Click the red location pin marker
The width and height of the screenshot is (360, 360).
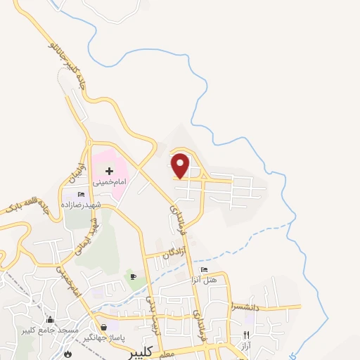[x=181, y=165]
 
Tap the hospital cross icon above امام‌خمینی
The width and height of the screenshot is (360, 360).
[x=110, y=171]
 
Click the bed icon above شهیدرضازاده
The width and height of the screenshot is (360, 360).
[x=82, y=194]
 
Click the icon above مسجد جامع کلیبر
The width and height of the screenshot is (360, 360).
[x=49, y=320]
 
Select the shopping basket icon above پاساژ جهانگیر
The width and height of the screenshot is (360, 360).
[x=104, y=327]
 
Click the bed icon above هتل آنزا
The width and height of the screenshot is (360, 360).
[x=205, y=269]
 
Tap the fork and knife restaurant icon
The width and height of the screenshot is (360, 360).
[x=246, y=335]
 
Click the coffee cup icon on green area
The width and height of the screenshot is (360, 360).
[x=133, y=276]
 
